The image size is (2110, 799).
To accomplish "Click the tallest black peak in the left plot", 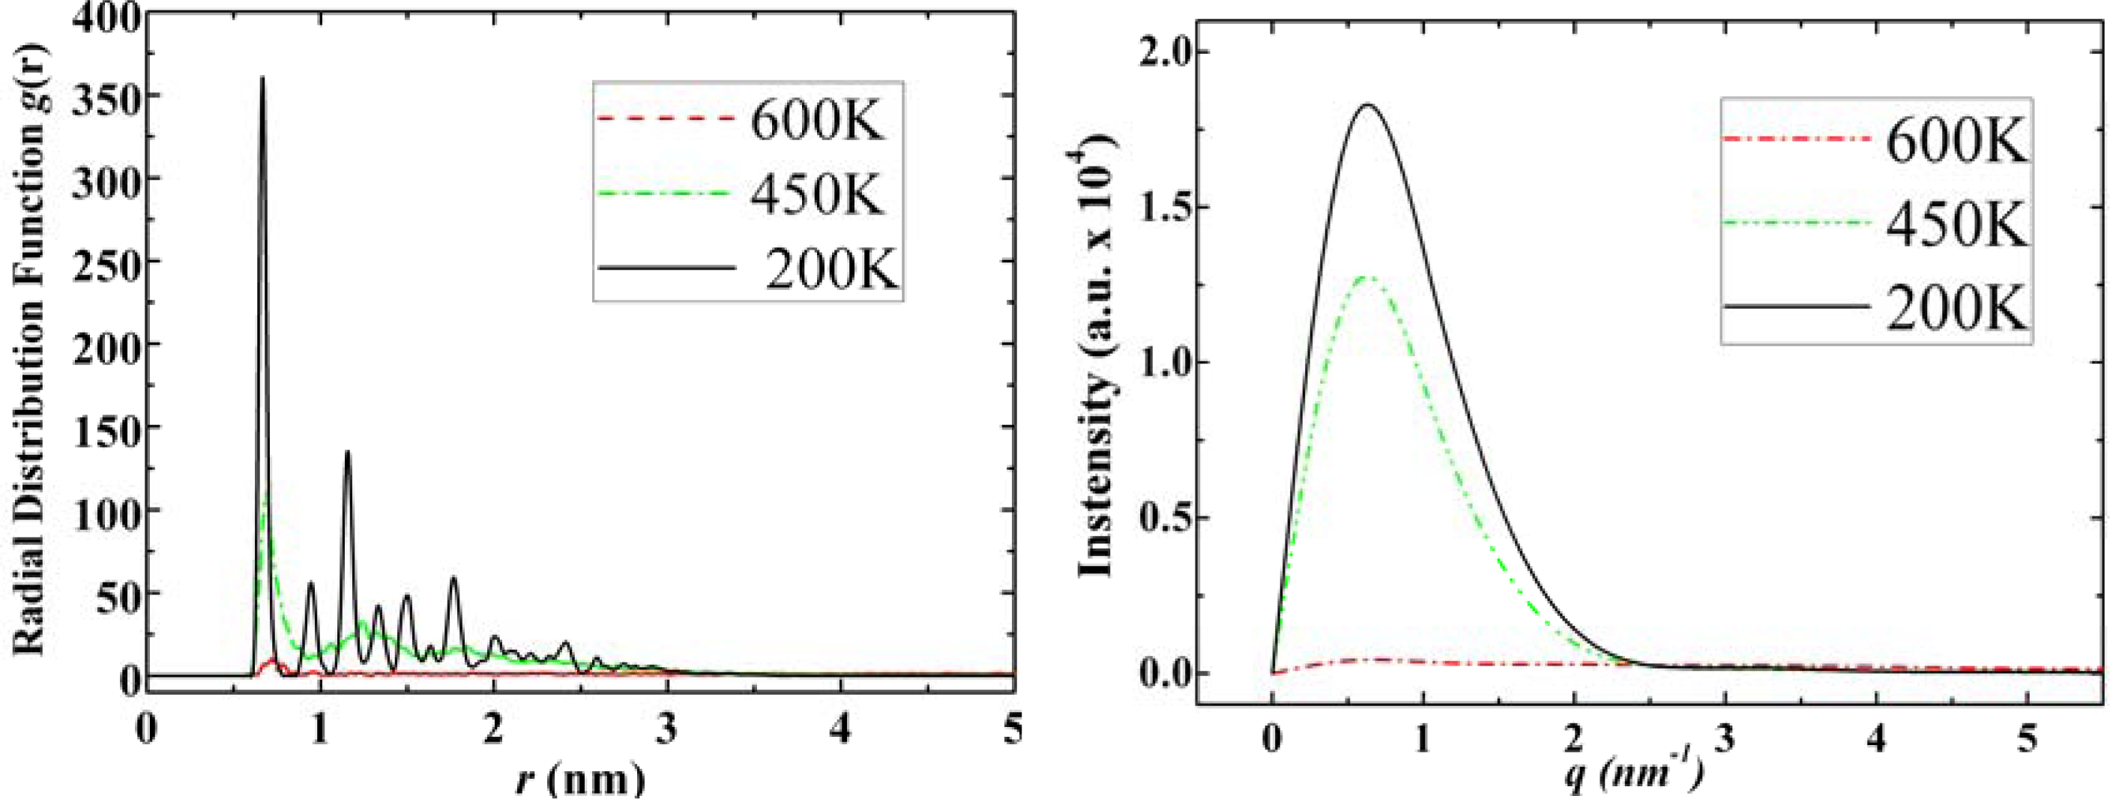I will (262, 79).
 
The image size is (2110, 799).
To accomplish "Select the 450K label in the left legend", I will (818, 194).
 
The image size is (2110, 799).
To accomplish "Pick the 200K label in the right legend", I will (1956, 310).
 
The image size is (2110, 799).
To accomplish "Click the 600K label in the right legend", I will (1956, 142).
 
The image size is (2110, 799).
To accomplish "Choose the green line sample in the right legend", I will (1795, 223).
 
